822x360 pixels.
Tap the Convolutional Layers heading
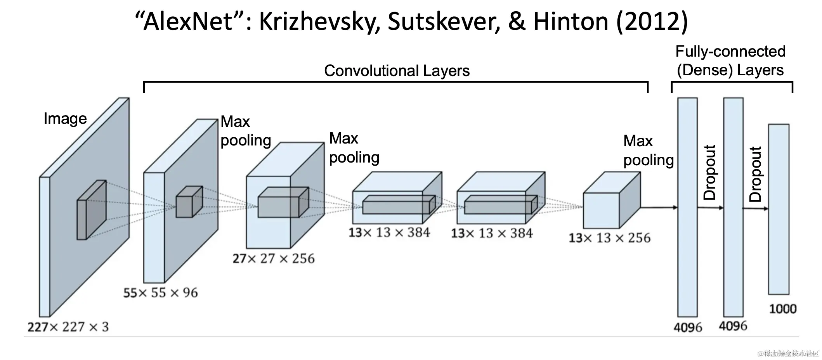[x=397, y=71]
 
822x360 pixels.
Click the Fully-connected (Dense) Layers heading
[x=730, y=61]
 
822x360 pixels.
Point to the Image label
[x=65, y=118]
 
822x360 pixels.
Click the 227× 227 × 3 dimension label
[x=68, y=327]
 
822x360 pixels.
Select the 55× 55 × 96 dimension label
[x=160, y=292]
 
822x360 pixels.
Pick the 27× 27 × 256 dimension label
[x=274, y=258]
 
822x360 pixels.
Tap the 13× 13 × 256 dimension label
[x=609, y=238]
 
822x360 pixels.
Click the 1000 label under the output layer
[x=782, y=309]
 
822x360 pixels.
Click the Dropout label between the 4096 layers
[x=710, y=173]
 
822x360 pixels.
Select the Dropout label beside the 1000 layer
[x=755, y=174]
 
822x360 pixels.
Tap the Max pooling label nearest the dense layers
[x=648, y=151]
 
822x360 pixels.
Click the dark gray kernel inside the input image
[x=92, y=209]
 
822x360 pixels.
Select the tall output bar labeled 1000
[x=779, y=209]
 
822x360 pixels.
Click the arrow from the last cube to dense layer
[x=659, y=208]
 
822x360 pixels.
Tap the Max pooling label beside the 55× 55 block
[x=245, y=131]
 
